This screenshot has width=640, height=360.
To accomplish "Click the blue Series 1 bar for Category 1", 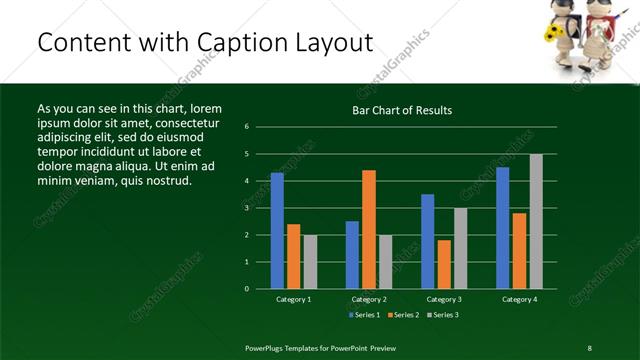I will [x=277, y=231].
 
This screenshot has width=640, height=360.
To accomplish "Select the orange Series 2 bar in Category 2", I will [x=369, y=229].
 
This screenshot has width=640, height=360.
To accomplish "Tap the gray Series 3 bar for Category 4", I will [x=536, y=221].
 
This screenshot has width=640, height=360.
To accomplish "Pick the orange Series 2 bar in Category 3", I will [x=444, y=264].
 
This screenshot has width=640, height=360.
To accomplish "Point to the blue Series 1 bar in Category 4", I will [x=503, y=228].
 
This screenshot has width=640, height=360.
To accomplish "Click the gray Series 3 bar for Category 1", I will [x=310, y=262].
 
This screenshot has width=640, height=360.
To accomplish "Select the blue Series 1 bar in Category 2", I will [x=352, y=255].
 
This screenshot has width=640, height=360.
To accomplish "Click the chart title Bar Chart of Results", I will [x=402, y=111].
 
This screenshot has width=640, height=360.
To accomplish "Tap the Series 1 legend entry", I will [x=363, y=315].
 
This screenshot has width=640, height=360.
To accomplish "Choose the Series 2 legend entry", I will [x=402, y=315].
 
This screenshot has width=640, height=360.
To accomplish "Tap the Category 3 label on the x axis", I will [x=444, y=299].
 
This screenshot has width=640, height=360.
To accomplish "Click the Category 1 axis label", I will [x=293, y=299].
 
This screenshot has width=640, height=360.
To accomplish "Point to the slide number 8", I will [x=590, y=347].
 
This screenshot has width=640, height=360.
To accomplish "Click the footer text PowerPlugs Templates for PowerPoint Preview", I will [x=320, y=347].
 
